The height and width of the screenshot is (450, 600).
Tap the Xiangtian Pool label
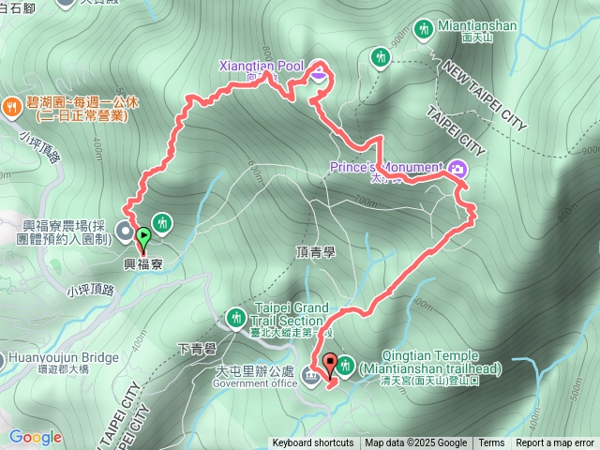tap(262, 67)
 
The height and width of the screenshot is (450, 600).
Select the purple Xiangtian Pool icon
tap(319, 71)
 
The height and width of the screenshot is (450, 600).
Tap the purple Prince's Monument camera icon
tap(458, 169)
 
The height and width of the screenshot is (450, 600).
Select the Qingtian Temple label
tap(430, 356)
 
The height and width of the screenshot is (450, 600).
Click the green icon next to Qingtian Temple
tap(344, 363)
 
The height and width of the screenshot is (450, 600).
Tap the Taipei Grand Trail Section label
tap(292, 314)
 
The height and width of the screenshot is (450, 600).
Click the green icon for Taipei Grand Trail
tap(241, 317)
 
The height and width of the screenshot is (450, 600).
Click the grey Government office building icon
tap(310, 377)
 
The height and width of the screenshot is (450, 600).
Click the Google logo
tap(36, 437)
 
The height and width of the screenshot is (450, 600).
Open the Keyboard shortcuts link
tap(313, 443)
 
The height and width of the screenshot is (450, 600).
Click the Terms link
tap(491, 443)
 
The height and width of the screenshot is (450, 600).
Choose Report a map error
tap(555, 443)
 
